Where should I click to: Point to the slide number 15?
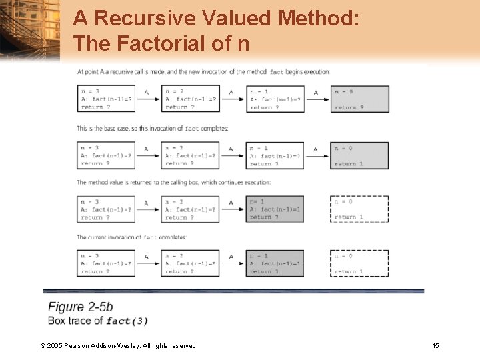point(435,345)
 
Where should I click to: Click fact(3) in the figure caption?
point(127,321)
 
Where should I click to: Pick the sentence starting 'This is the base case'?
point(152,128)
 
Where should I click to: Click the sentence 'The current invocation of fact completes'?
point(131,237)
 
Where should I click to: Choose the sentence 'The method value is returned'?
point(173,182)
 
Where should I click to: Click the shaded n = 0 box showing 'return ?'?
point(360,99)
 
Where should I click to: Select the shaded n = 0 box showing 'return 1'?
point(360,155)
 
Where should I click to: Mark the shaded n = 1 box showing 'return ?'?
point(275,209)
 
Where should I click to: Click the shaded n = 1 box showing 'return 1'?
point(275,263)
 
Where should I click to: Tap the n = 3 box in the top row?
point(106,99)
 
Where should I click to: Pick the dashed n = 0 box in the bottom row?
point(360,263)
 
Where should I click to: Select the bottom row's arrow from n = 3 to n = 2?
point(147,263)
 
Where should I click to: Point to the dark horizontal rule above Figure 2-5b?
point(233,291)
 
